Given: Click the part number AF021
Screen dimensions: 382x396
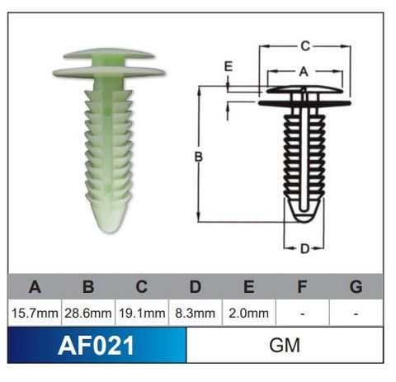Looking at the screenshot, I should point(97,345).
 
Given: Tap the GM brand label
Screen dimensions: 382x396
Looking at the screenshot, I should point(285,345).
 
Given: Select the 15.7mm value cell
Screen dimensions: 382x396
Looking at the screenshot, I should point(34,313).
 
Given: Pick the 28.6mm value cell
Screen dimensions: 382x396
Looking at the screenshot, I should point(87,313).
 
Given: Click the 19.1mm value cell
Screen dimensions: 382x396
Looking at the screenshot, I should point(141,313).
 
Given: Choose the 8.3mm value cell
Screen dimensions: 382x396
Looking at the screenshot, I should point(195,313).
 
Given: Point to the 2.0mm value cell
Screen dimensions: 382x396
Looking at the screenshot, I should point(248,313).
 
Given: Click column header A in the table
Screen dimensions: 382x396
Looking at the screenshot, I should point(34,287).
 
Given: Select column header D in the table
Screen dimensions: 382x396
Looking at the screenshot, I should point(195,287).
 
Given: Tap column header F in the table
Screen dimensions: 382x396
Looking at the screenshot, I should point(302,287).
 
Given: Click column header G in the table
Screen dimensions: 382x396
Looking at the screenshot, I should point(356,287).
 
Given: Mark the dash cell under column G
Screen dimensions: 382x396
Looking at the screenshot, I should point(356,313).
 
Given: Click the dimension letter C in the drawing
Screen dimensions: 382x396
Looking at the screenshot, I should point(304,46).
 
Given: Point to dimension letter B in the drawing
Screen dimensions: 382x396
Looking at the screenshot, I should point(199,155).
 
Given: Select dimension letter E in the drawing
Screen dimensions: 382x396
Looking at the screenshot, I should point(229,66).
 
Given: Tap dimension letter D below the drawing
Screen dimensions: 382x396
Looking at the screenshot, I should point(304,248).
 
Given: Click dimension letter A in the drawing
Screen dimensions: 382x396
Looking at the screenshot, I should point(303,72).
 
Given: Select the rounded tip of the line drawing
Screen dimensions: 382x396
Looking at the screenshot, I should point(304,216).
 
